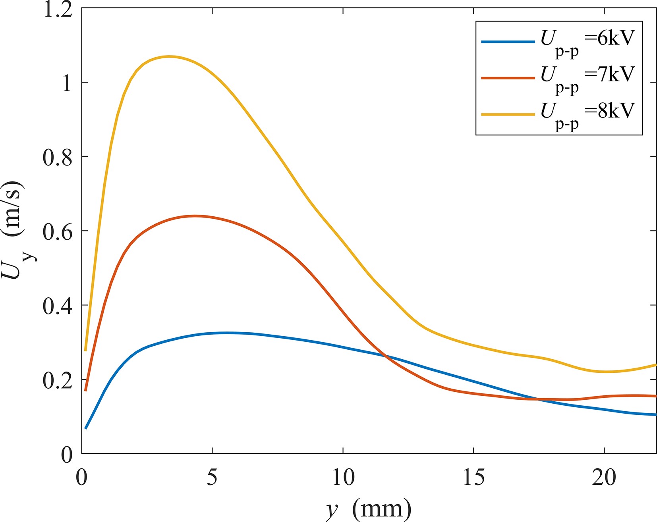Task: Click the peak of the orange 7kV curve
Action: [x=195, y=216]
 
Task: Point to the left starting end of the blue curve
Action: [x=85, y=428]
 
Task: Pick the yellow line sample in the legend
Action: [x=508, y=114]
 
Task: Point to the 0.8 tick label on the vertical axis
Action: [x=58, y=157]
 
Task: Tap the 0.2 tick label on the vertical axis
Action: [x=58, y=380]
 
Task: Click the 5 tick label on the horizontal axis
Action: [x=212, y=476]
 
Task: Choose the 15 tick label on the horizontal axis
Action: [x=473, y=476]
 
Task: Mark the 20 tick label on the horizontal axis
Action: [x=604, y=476]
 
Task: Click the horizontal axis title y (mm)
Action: [x=369, y=508]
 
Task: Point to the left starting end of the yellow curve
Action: [x=85, y=350]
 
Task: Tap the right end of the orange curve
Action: [x=655, y=396]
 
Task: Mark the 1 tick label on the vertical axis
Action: [x=67, y=83]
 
